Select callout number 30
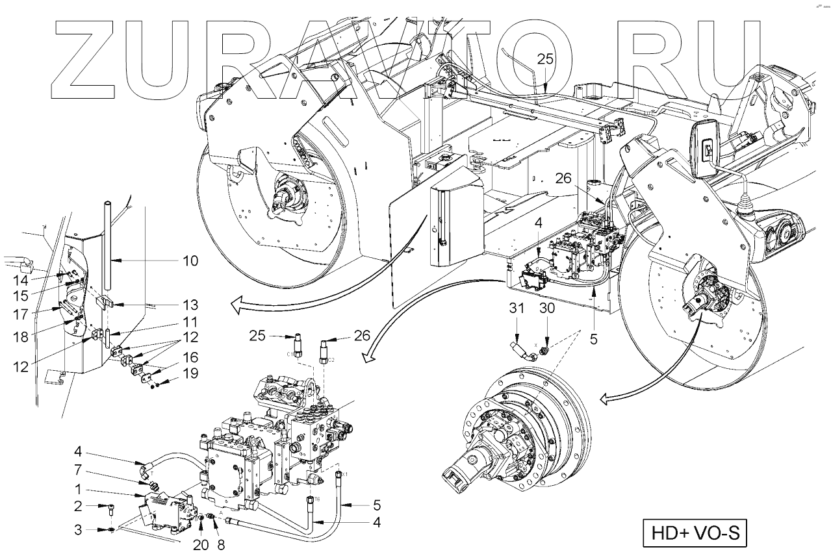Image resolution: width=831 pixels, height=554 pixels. pos(547,310)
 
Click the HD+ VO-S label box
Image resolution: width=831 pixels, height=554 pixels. pos(695,533)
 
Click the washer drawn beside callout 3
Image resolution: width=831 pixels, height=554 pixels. pos(112,530)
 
